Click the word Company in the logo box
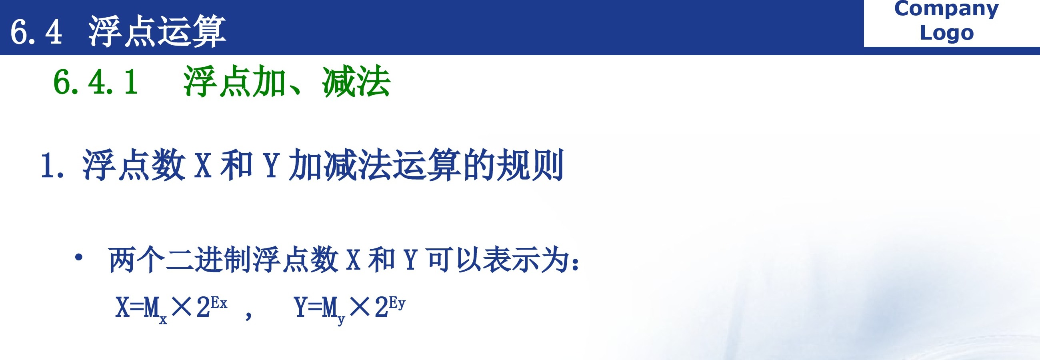(946, 9)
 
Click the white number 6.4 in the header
(36, 32)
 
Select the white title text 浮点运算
(157, 31)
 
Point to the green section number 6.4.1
(96, 82)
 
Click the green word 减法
(356, 82)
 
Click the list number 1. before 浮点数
(52, 166)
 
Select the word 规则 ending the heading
(530, 165)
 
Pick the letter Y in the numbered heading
(272, 166)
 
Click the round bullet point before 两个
(79, 257)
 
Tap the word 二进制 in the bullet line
(209, 260)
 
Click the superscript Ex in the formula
(219, 303)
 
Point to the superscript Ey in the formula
(397, 303)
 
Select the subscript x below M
(163, 320)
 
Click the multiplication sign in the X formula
(181, 307)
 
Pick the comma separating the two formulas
(249, 314)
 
